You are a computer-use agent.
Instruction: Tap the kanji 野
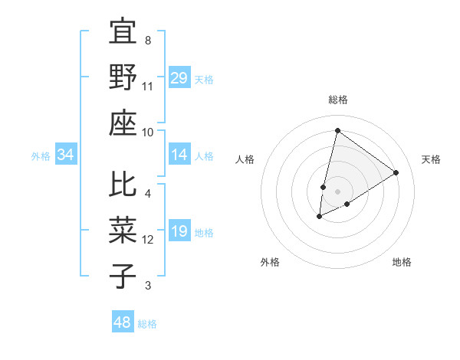[x=123, y=77]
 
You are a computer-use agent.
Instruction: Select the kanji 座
[x=123, y=123]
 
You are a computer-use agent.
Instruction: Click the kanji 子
[x=123, y=275]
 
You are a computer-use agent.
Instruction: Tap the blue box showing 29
[x=179, y=77]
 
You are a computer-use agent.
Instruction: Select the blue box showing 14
[x=179, y=155]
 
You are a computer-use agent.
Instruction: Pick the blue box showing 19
[x=179, y=232]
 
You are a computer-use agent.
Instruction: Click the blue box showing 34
[x=66, y=155]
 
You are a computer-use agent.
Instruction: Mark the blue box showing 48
[x=122, y=322]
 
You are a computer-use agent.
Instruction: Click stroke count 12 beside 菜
[x=148, y=240]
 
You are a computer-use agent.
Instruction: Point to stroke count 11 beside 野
[x=148, y=86]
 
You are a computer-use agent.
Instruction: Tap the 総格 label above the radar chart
[x=337, y=100]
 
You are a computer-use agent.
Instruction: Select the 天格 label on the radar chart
[x=431, y=159]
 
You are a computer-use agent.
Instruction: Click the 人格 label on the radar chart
[x=245, y=159]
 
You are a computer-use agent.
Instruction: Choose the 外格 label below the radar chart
[x=270, y=262]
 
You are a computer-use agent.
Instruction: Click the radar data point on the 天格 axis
[x=396, y=172]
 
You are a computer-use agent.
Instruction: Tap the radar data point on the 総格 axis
[x=337, y=130]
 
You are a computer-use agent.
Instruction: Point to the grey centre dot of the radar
[x=337, y=191]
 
